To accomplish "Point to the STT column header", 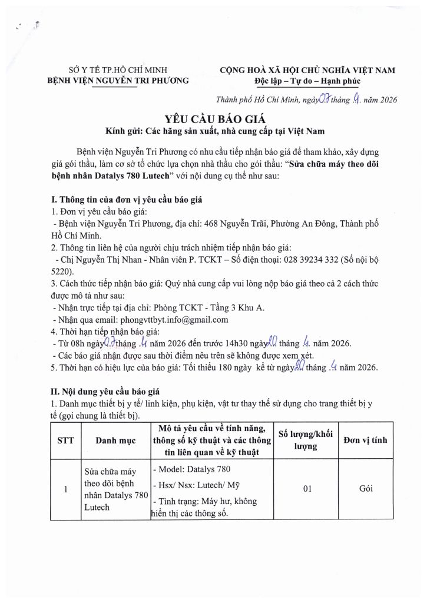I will coord(65,440).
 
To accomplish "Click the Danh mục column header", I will coord(116,440).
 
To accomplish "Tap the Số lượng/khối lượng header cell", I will coord(305,440).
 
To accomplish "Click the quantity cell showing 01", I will coord(305,489).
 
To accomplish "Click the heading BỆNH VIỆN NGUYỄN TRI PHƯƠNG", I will coord(118,81).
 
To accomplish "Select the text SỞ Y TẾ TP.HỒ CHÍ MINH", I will coord(118,70).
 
